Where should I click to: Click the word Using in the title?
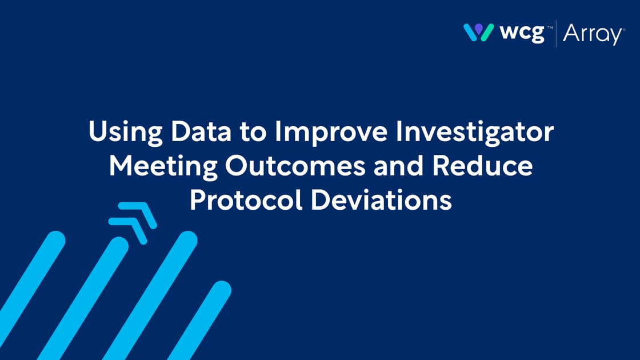[125, 132]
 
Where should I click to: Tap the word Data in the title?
[201, 131]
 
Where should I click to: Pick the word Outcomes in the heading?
[295, 166]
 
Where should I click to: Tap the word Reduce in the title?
[482, 166]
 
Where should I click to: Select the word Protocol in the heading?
[246, 200]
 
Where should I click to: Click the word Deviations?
[381, 200]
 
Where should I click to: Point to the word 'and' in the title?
[398, 166]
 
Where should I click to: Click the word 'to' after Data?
[253, 133]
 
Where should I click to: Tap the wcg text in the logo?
[522, 33]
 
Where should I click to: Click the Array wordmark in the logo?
[593, 34]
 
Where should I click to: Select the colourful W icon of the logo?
[479, 33]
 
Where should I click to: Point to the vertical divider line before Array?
[556, 34]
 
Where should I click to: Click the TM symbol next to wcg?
[550, 27]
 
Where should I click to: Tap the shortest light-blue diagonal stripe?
[199, 321]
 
